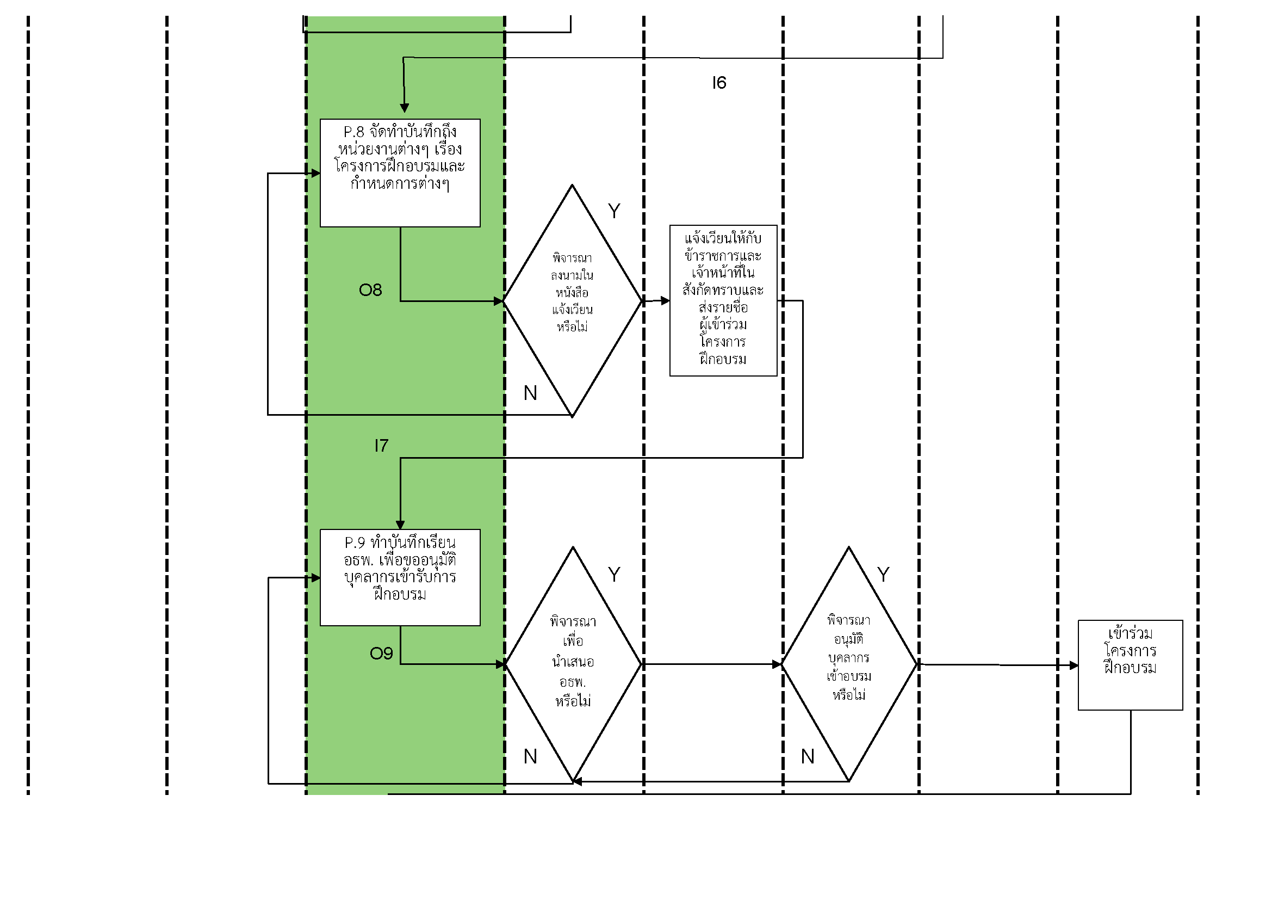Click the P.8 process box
tap(400, 173)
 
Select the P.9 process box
tap(400, 577)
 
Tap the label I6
tap(719, 83)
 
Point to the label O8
tap(371, 290)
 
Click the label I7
tap(381, 446)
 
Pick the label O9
tap(381, 654)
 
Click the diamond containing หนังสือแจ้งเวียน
tap(572, 300)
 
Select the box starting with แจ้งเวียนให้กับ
tap(723, 300)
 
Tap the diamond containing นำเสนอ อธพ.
tap(573, 664)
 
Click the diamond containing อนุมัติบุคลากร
tap(849, 664)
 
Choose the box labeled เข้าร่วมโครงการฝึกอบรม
tap(1130, 664)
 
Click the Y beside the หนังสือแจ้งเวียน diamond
tap(614, 211)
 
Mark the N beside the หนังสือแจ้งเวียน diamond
tap(530, 393)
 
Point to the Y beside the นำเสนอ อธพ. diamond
tap(614, 575)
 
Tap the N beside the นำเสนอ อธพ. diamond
tap(530, 756)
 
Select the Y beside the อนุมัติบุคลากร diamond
tap(883, 575)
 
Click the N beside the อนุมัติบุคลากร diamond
tap(808, 756)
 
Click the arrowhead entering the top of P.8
tap(405, 108)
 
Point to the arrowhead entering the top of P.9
tap(400, 524)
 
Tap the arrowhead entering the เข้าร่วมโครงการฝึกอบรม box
tap(1074, 665)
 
